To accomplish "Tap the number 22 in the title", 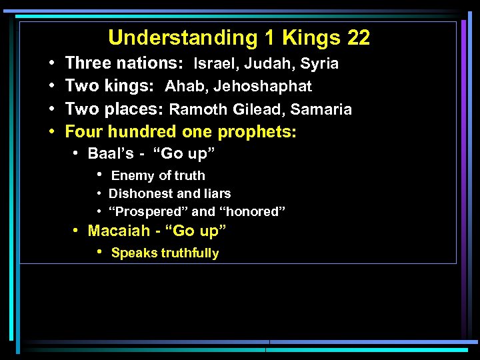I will coord(358,38).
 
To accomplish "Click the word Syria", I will coord(319,64).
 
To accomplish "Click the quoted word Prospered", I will coord(147,212).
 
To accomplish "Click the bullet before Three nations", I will coord(52,64).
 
